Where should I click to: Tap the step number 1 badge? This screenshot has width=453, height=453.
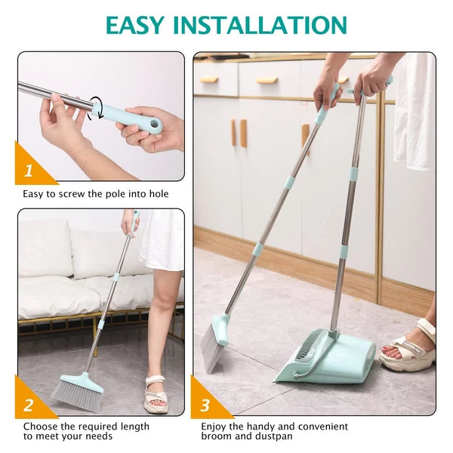pyautogui.click(x=29, y=171)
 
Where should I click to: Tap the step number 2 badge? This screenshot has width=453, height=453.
pyautogui.click(x=29, y=405)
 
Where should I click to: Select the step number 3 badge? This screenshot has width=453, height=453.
pyautogui.click(x=205, y=405)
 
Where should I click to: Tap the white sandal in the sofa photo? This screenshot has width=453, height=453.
pyautogui.click(x=155, y=392)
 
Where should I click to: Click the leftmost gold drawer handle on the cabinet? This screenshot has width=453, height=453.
pyautogui.click(x=209, y=79)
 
